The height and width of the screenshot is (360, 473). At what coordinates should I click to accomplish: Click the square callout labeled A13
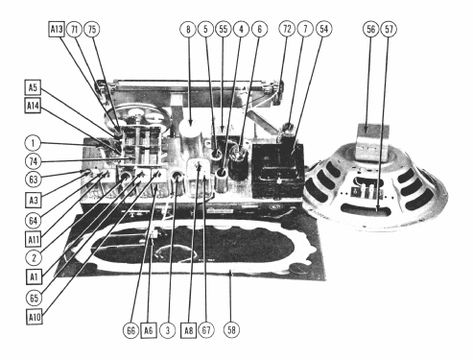tap(57, 29)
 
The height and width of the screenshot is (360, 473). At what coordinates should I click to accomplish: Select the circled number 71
tap(75, 29)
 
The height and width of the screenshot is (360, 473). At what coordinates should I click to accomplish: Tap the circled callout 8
tap(188, 29)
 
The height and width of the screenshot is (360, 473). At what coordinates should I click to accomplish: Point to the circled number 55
tap(224, 29)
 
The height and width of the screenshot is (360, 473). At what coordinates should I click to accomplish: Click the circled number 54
tap(324, 29)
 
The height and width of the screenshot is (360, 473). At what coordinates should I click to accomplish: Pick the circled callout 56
tap(371, 29)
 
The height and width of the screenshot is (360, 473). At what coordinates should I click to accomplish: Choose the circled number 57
tap(389, 29)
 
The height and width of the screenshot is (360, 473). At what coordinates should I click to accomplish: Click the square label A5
tap(33, 87)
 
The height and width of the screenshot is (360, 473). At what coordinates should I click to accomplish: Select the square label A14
tap(33, 106)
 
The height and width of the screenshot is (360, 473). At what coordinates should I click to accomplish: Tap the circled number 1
tap(33, 143)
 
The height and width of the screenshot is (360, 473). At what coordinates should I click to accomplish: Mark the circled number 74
tap(33, 161)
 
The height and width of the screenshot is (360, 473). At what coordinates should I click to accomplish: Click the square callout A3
tap(34, 201)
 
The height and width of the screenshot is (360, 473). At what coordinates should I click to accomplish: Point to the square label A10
tap(35, 317)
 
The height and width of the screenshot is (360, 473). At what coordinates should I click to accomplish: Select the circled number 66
tap(131, 330)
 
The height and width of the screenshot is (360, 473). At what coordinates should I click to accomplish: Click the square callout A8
tap(188, 330)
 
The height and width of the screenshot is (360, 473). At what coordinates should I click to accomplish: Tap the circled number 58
tap(231, 330)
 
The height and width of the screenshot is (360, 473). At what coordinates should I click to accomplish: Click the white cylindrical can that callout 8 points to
tap(190, 132)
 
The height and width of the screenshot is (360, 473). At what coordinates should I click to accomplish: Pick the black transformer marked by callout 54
tap(277, 170)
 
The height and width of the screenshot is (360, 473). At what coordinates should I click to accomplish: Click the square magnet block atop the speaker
tap(373, 141)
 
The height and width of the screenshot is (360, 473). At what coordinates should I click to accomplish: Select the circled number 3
tap(168, 330)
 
